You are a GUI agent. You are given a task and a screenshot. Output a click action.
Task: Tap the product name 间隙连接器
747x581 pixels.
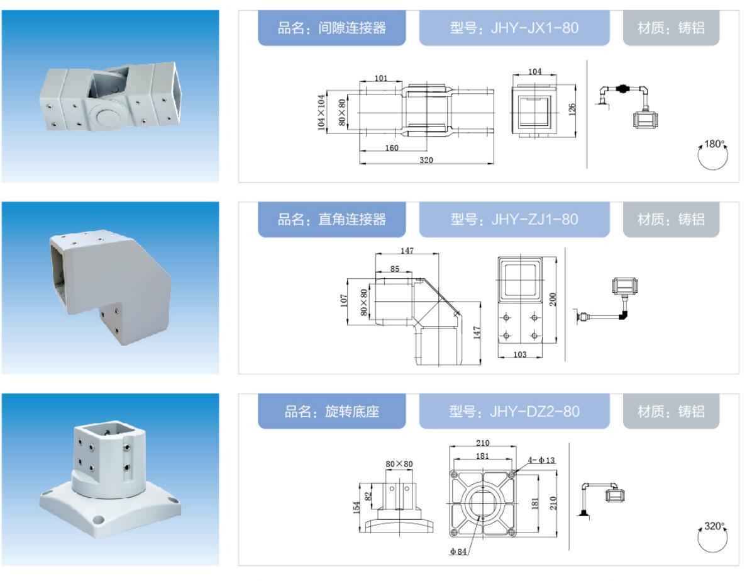point(352,28)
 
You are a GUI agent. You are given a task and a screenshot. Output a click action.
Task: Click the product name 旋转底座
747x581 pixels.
point(352,411)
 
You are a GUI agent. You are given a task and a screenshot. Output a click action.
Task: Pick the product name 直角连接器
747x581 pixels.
point(352,220)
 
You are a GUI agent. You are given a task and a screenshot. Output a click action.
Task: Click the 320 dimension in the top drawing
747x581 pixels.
point(426,161)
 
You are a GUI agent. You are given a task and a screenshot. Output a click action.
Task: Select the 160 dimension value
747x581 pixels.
point(392,148)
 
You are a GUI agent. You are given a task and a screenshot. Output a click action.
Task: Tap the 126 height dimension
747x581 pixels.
point(572,110)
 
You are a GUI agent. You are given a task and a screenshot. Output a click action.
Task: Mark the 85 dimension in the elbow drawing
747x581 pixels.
point(395,269)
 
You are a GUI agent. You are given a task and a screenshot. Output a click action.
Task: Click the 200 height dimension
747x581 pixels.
point(553,300)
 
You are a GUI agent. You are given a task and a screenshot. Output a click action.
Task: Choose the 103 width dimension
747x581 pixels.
point(520,354)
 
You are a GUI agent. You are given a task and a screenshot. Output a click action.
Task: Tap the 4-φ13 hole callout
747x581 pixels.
point(541,460)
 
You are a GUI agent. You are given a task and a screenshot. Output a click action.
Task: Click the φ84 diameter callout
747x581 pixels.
point(458,551)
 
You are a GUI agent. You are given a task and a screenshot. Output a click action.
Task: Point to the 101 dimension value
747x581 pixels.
point(381,78)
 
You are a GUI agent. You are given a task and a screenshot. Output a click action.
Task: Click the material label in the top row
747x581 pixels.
point(671,28)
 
